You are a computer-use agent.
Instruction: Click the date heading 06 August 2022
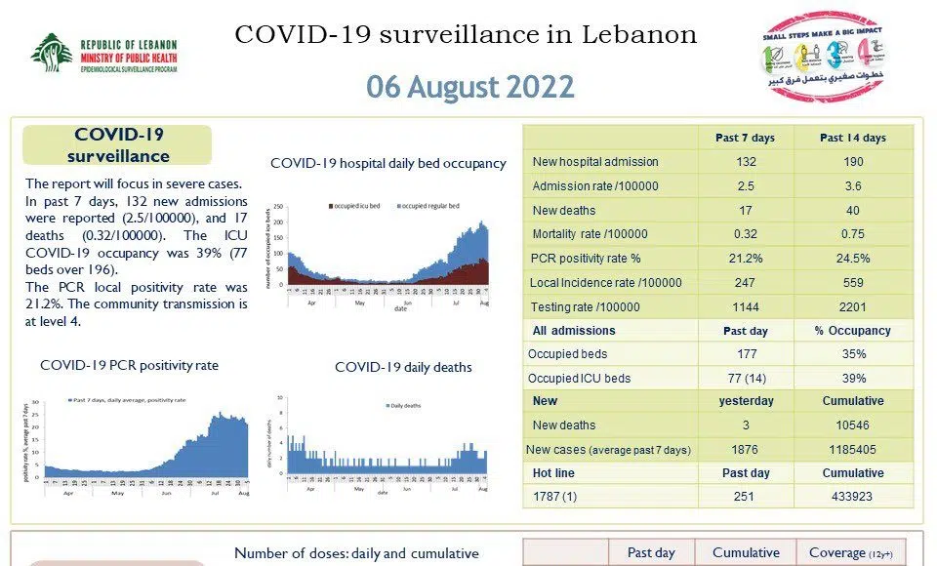[x=469, y=87]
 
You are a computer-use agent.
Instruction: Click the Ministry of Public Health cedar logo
[x=49, y=53]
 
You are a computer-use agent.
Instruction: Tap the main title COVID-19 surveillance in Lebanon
[x=467, y=35]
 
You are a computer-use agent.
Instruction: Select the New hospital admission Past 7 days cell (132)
[x=746, y=162]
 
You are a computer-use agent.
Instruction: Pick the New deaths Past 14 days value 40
[x=853, y=211]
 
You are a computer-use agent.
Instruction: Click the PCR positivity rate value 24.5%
[x=853, y=259]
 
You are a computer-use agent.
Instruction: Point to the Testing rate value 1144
[x=746, y=307]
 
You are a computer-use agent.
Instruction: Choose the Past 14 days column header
[x=853, y=138]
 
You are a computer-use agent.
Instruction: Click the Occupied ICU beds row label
[x=579, y=378]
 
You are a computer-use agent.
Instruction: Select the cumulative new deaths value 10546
[x=853, y=425]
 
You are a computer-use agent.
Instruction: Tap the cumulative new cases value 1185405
[x=853, y=450]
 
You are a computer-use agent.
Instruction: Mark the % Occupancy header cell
[x=853, y=331]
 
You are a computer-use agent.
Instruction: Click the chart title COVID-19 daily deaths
[x=403, y=367]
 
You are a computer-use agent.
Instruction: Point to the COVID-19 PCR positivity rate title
[x=129, y=365]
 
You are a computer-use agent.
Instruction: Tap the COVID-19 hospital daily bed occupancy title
[x=388, y=163]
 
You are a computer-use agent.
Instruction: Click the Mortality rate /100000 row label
[x=590, y=234]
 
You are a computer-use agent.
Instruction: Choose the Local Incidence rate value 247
[x=746, y=283]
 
